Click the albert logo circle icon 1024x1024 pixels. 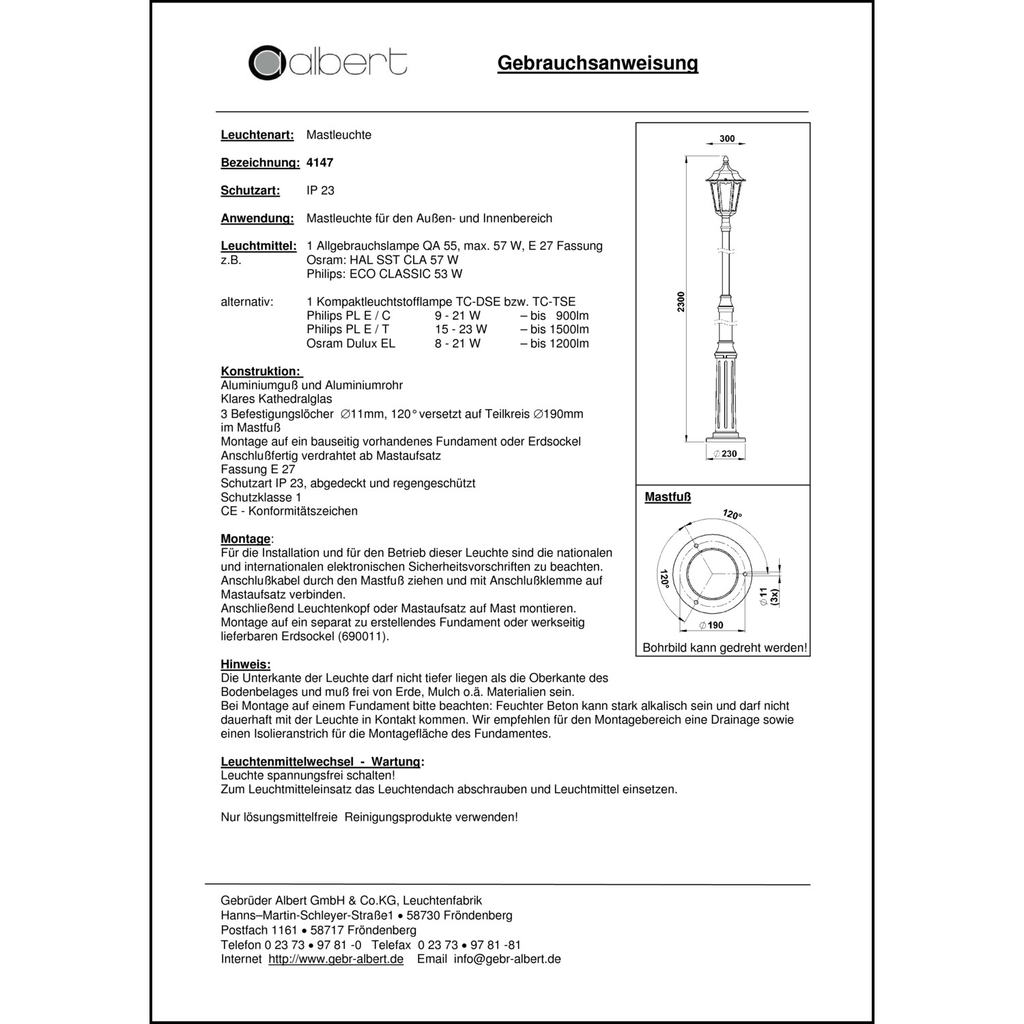tap(266, 63)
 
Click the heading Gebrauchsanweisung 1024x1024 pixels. tap(597, 63)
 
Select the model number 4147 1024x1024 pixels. tap(320, 162)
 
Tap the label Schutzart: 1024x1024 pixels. tap(251, 190)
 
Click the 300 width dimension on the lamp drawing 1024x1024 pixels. tap(727, 139)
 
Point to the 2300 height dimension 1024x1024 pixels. tap(681, 302)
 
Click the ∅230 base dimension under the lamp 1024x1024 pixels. tap(725, 454)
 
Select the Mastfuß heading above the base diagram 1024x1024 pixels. tap(668, 497)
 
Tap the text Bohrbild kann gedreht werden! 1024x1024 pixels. tap(724, 648)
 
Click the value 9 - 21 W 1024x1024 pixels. tap(457, 315)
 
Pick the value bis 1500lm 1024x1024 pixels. tap(554, 329)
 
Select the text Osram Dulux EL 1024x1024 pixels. tap(351, 343)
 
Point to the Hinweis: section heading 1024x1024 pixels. tap(245, 664)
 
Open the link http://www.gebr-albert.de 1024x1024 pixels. tap(336, 959)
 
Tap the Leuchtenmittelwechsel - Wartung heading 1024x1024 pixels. tap(322, 762)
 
